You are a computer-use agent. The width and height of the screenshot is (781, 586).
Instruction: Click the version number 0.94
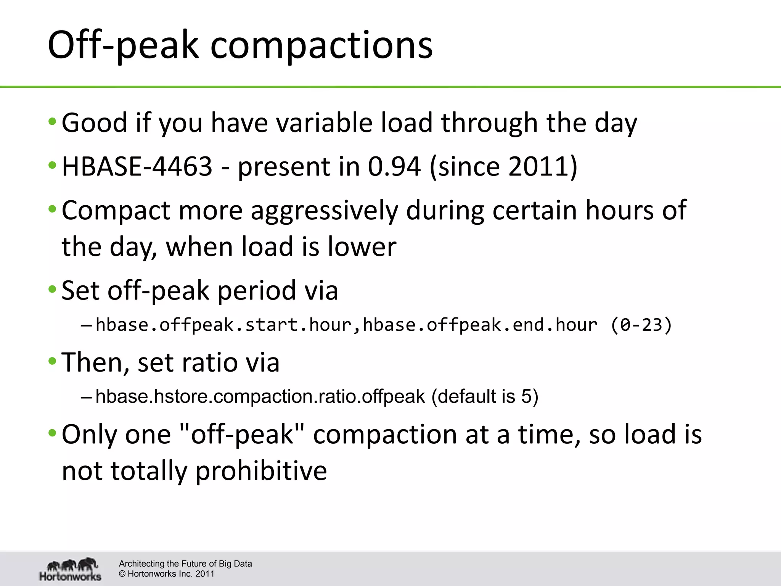point(394,166)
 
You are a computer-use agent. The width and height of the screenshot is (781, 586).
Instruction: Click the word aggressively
point(324,211)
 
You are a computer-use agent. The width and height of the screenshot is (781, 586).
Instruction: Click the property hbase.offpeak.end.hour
point(480,325)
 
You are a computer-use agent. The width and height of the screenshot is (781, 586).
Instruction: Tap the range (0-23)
point(641,325)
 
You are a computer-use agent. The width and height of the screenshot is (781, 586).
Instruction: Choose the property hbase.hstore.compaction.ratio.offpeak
point(260,396)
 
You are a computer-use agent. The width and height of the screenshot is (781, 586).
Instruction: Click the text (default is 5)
point(485,396)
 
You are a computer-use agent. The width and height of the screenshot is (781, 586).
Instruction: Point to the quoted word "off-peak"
point(241,435)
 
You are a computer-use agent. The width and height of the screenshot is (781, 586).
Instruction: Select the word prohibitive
point(261,471)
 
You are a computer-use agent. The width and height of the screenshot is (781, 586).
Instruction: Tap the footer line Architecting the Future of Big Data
point(185,563)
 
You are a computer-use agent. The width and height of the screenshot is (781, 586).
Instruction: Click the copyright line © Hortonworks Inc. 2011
point(167,574)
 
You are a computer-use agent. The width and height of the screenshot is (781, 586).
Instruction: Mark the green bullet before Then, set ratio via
point(52,361)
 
